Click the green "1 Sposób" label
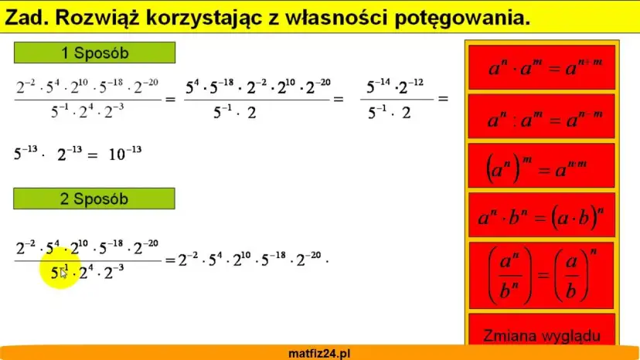click(x=94, y=53)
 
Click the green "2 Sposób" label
click(x=94, y=199)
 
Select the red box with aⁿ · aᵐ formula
click(x=541, y=68)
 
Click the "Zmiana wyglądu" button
click(x=541, y=336)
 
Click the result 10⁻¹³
click(x=124, y=153)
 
